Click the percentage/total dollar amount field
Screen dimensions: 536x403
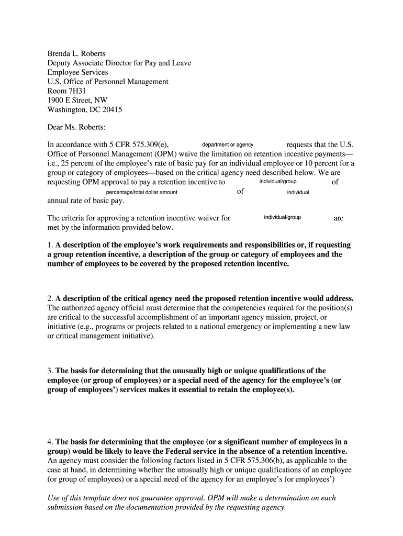tap(141, 192)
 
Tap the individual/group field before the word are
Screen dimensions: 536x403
tap(282, 217)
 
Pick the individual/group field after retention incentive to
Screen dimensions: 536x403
tap(277, 182)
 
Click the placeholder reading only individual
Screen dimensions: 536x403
tap(298, 192)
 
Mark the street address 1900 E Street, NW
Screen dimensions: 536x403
tap(77, 100)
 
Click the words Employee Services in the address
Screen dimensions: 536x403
tap(77, 72)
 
